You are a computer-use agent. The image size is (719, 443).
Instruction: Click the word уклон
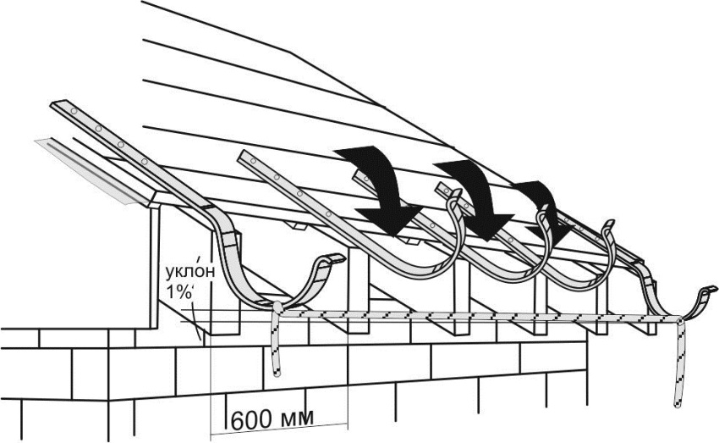pos(189,271)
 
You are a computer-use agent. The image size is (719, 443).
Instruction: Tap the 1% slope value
pos(178,292)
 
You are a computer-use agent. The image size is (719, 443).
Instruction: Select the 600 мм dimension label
pos(272,419)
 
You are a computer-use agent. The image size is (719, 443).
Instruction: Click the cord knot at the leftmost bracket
pos(277,307)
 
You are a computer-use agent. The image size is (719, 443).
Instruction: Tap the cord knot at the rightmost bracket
pos(678,318)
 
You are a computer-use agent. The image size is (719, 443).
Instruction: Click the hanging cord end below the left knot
pos(276,373)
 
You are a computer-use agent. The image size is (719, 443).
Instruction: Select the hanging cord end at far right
pos(677,403)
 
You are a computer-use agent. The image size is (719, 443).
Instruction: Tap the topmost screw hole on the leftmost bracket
pos(74,112)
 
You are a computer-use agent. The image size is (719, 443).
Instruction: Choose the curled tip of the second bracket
pos(453,196)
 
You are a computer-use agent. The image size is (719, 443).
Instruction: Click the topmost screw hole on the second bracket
pos(253,161)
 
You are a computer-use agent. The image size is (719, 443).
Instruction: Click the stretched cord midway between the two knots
pos(477,315)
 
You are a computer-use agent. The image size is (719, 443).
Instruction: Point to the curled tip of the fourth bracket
pos(609,226)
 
